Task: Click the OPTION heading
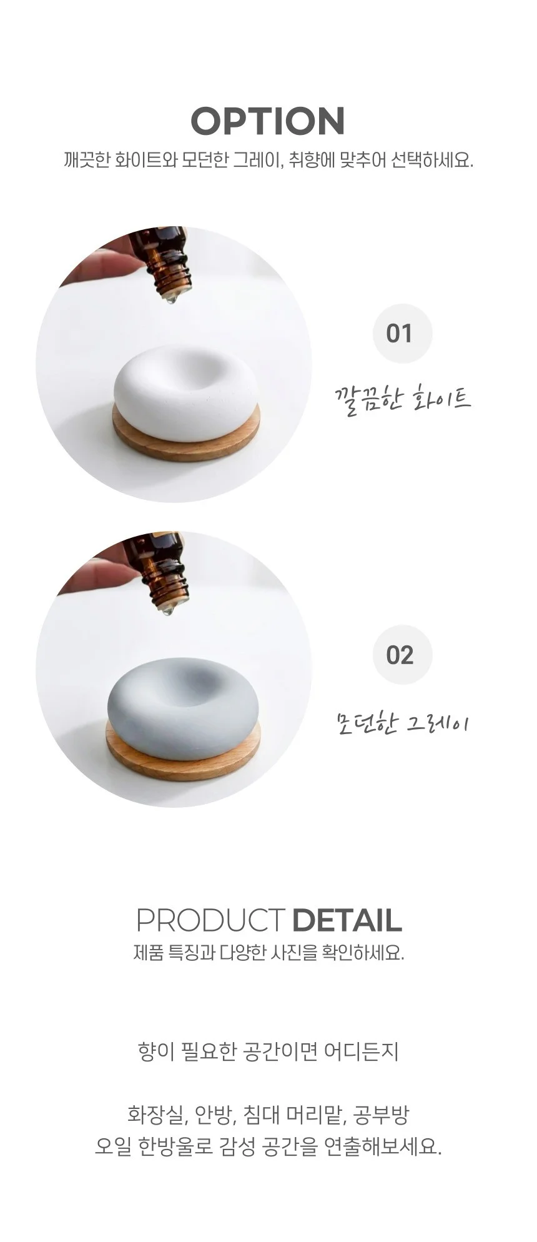pyautogui.click(x=268, y=121)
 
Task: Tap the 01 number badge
pyautogui.click(x=402, y=333)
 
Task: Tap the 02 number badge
pyautogui.click(x=402, y=655)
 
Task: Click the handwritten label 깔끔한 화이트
pyautogui.click(x=403, y=397)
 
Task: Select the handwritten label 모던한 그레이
pyautogui.click(x=403, y=722)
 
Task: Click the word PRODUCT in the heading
pyautogui.click(x=210, y=920)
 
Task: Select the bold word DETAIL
pyautogui.click(x=347, y=920)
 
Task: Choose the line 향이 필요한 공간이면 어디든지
pyautogui.click(x=268, y=1051)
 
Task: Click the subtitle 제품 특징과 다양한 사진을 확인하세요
pyautogui.click(x=268, y=953)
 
